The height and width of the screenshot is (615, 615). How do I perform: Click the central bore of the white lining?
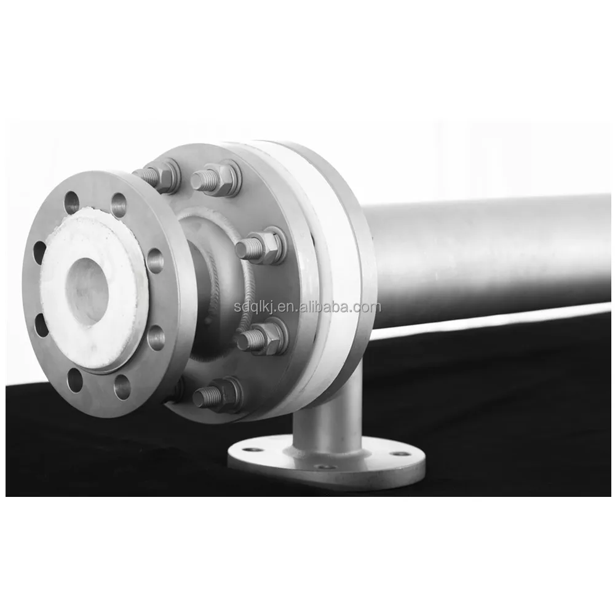point(87,292)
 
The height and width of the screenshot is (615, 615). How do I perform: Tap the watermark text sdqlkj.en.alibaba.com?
point(307,307)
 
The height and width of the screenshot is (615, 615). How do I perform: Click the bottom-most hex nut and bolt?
point(217,395)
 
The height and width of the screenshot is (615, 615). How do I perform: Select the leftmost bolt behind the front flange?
point(157,176)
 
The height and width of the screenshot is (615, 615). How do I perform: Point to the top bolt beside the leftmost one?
point(216,178)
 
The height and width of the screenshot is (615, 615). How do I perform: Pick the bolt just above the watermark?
point(260,245)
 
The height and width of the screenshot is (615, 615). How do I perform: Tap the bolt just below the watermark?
point(261,337)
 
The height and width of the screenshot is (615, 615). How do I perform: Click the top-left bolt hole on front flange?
point(72,202)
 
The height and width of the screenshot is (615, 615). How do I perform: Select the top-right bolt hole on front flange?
point(119,204)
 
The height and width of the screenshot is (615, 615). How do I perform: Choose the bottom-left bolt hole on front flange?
point(74,379)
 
